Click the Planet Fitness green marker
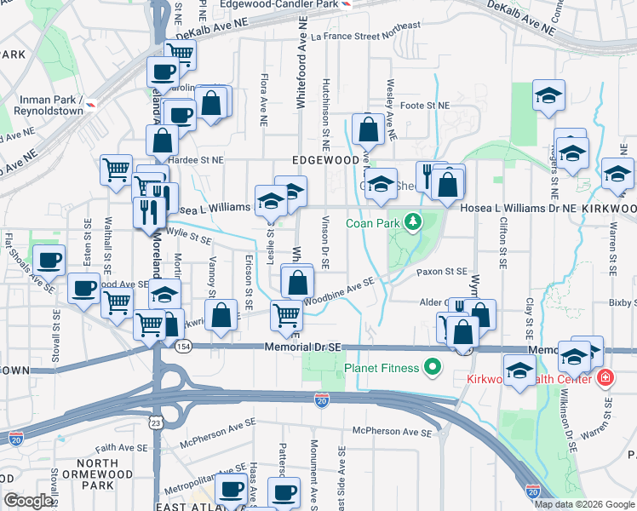coord(433,368)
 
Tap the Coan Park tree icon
coord(413,223)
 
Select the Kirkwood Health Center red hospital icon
coord(605,376)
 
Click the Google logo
coord(28,501)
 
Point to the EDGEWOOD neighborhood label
coord(326,160)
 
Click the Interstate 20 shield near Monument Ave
coord(321,400)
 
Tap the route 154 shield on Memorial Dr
coord(182,347)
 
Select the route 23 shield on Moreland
coord(155,422)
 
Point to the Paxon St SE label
coord(443,272)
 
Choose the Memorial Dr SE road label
coord(302,347)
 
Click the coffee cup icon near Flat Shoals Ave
coord(48,259)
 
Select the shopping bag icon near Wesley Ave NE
coord(369,130)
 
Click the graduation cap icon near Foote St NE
coord(549,95)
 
